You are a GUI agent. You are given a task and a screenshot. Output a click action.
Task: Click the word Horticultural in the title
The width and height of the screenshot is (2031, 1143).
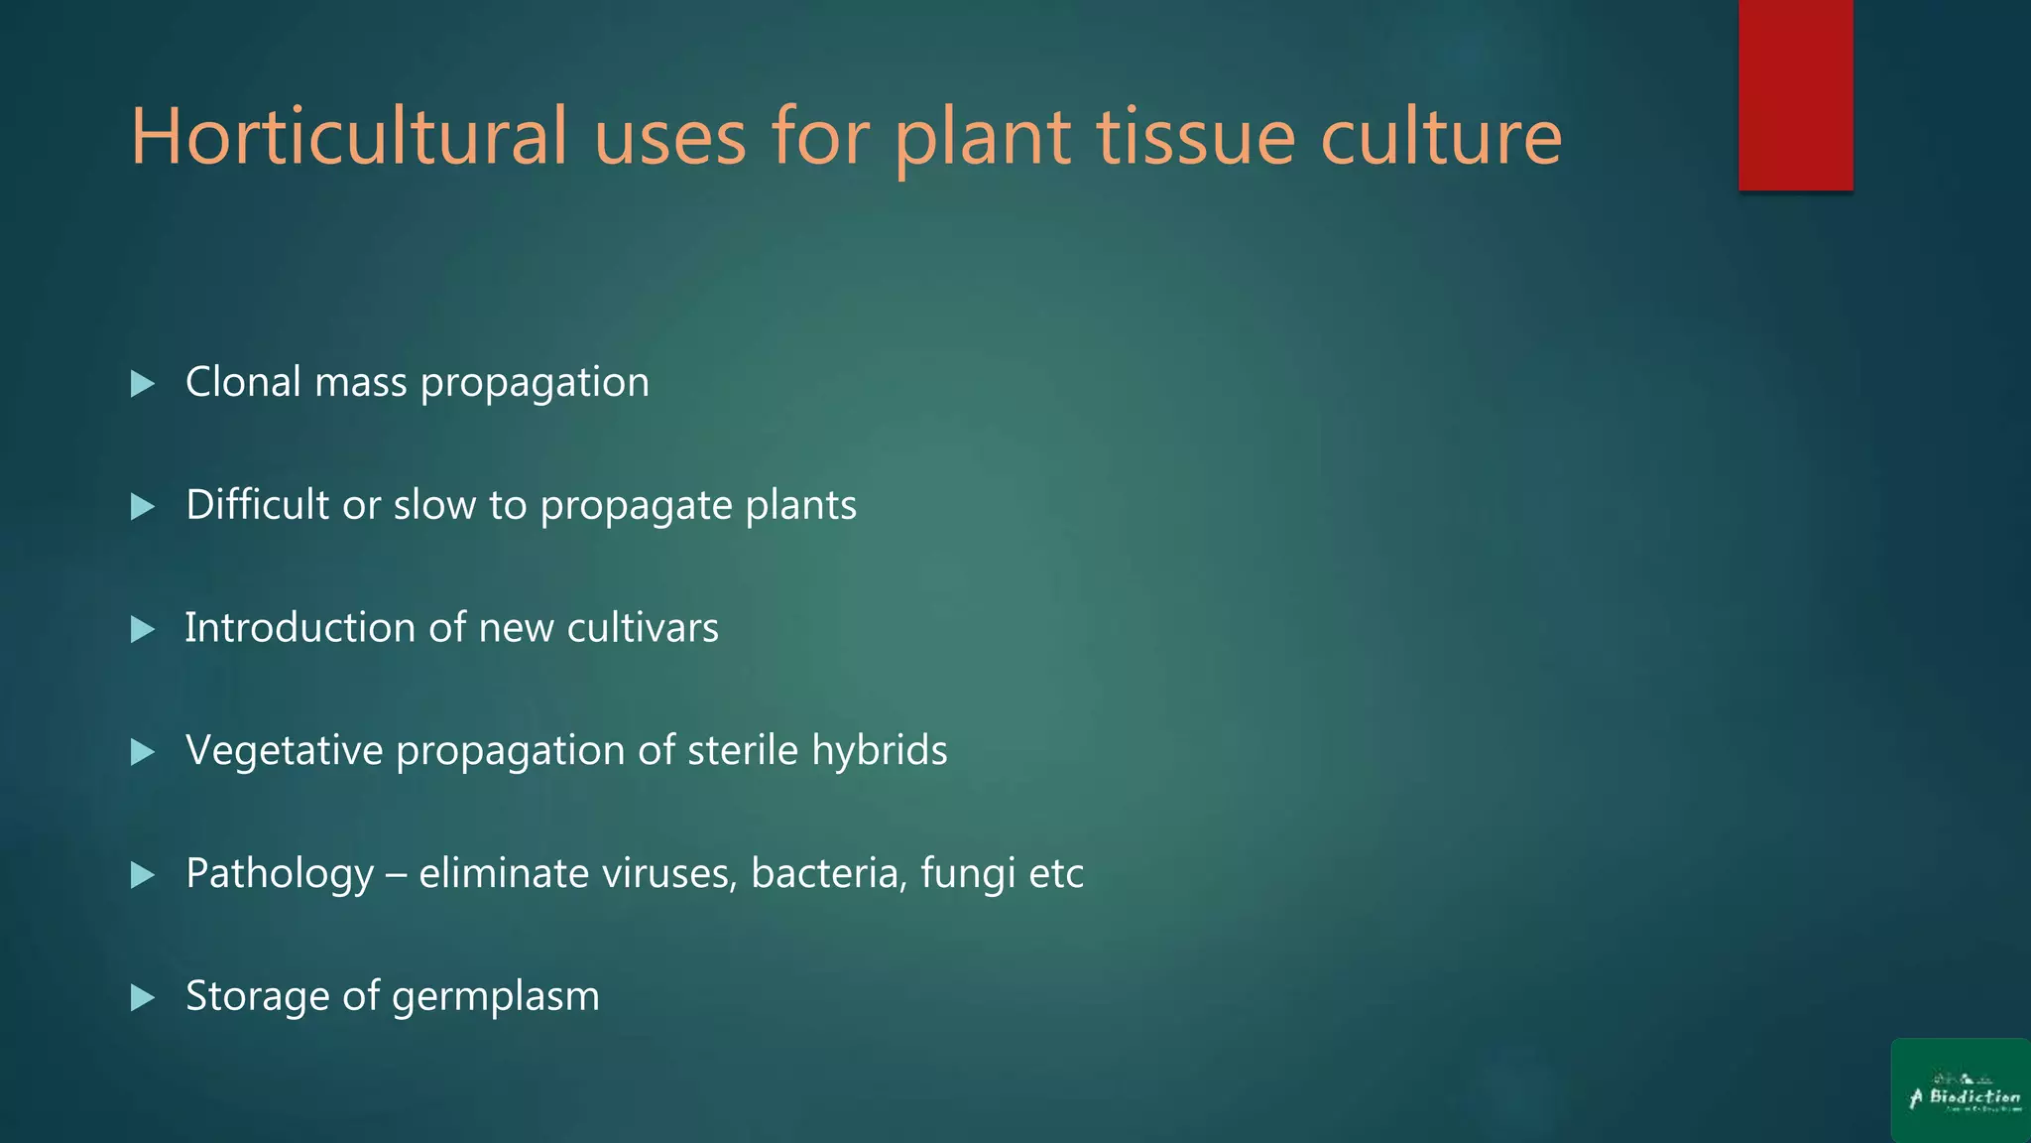click(349, 136)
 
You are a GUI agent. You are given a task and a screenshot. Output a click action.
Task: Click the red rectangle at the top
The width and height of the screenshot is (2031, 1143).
click(1795, 94)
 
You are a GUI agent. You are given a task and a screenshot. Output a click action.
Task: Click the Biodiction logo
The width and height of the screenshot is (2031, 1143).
click(1961, 1091)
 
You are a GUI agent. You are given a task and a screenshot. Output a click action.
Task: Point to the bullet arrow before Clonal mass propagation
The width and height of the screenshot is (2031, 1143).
click(143, 384)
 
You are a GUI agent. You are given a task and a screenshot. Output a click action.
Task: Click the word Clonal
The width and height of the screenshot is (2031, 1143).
click(243, 382)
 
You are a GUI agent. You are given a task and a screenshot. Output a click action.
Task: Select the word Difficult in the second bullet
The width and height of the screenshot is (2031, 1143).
click(257, 505)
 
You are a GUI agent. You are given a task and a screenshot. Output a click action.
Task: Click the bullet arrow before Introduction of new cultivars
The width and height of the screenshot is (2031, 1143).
click(143, 629)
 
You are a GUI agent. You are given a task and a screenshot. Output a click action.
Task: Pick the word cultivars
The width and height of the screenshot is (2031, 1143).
click(643, 628)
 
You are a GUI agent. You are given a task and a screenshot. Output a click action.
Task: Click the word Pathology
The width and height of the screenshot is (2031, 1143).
click(280, 874)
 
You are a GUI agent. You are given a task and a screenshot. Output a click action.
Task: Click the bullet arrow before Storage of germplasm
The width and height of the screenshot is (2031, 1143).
click(143, 997)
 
